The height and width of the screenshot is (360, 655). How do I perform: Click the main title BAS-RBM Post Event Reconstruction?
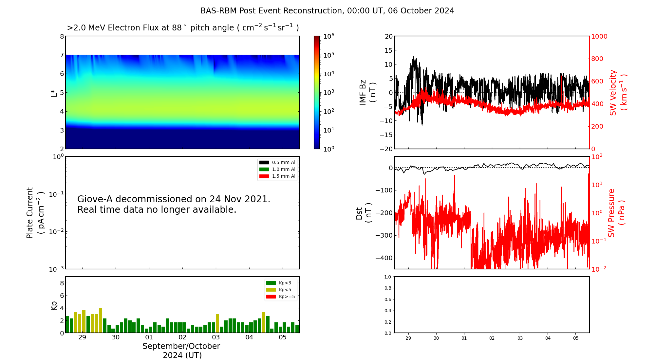[327, 11]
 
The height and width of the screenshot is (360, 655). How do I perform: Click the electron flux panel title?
[183, 28]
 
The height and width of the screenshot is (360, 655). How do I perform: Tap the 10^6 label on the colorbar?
[328, 36]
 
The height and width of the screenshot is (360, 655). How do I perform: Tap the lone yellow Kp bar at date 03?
[217, 323]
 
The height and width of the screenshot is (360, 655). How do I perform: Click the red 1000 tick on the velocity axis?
[599, 36]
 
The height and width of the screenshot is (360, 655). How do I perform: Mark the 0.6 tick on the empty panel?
[387, 299]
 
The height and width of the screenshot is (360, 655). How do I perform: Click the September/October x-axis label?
[181, 346]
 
